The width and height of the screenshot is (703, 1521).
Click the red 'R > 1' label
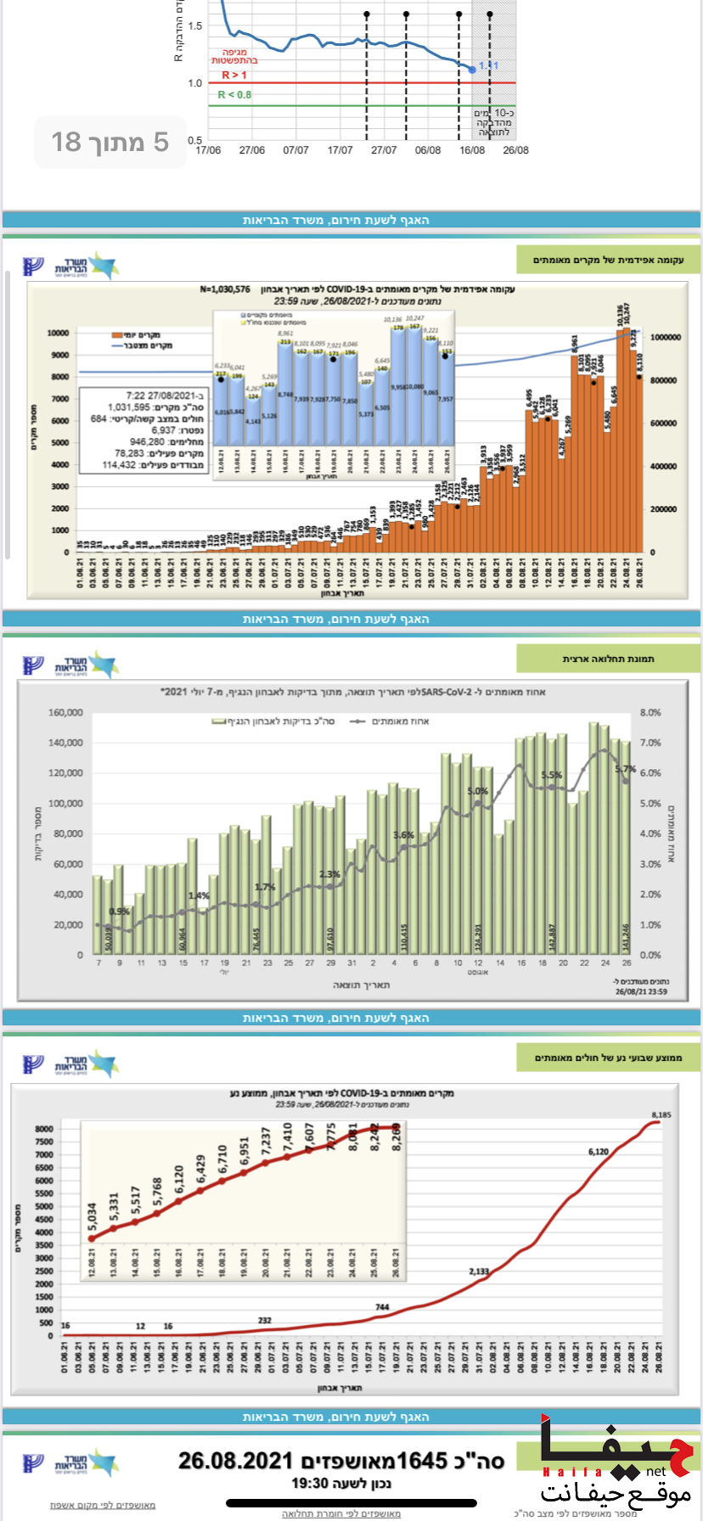(x=234, y=76)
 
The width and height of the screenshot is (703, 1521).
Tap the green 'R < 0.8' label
(x=234, y=95)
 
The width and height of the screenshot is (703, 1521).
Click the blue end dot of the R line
(x=473, y=69)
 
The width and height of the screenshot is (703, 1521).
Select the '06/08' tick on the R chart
(x=428, y=150)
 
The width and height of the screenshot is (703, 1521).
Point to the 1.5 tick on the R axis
(x=195, y=25)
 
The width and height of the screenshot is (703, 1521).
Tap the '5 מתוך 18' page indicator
(x=110, y=142)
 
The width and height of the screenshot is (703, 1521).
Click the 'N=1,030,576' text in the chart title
(x=225, y=289)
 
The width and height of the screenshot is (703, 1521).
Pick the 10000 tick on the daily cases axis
(x=58, y=334)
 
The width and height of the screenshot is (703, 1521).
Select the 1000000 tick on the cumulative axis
(x=665, y=338)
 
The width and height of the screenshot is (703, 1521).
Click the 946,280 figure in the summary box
(x=148, y=441)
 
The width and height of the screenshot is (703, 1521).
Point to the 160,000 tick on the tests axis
(x=65, y=713)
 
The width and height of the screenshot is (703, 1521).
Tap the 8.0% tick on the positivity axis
(x=650, y=713)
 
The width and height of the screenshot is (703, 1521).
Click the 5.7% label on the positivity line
(x=625, y=769)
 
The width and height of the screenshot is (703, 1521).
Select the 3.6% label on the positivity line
(x=403, y=835)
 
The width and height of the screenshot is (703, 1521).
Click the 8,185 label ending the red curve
(x=661, y=1114)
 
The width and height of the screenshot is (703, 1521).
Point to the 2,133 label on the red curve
(x=479, y=1271)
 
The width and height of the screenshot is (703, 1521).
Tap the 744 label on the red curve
(x=382, y=1307)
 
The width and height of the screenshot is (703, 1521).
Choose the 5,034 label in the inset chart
(x=92, y=1215)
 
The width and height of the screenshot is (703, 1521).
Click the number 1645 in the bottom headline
(x=422, y=1461)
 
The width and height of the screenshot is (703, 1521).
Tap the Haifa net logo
(x=616, y=1466)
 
